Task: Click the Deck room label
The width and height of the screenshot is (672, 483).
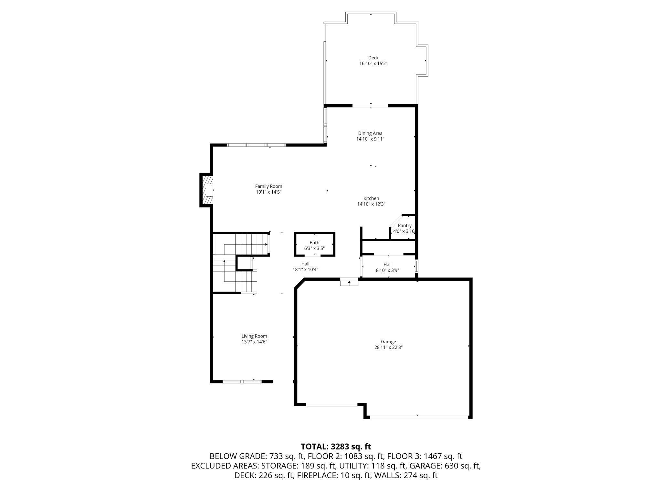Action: click(373, 58)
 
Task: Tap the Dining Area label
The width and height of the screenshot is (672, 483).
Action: click(370, 133)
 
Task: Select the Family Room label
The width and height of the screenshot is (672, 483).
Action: click(268, 186)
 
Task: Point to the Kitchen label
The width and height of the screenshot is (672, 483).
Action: click(371, 198)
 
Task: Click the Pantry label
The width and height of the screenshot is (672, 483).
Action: click(404, 226)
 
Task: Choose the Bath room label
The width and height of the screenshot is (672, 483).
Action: click(314, 243)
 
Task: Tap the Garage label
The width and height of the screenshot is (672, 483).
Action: click(388, 342)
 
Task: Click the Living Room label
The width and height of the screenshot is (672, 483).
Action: click(254, 336)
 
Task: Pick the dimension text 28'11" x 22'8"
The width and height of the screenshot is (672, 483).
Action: click(388, 347)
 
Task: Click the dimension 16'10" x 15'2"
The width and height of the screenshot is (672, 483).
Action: click(373, 64)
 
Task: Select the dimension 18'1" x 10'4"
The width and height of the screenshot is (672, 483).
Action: click(305, 270)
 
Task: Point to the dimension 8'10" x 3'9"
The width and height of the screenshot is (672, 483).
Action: click(387, 270)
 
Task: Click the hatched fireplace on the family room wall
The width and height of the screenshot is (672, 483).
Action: click(207, 190)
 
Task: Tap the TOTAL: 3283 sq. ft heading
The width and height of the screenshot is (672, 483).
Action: click(336, 447)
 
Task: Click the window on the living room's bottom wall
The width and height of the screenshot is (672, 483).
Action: click(242, 382)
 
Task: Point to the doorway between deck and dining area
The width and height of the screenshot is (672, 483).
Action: click(370, 106)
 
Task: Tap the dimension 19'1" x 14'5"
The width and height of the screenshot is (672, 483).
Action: click(268, 192)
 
